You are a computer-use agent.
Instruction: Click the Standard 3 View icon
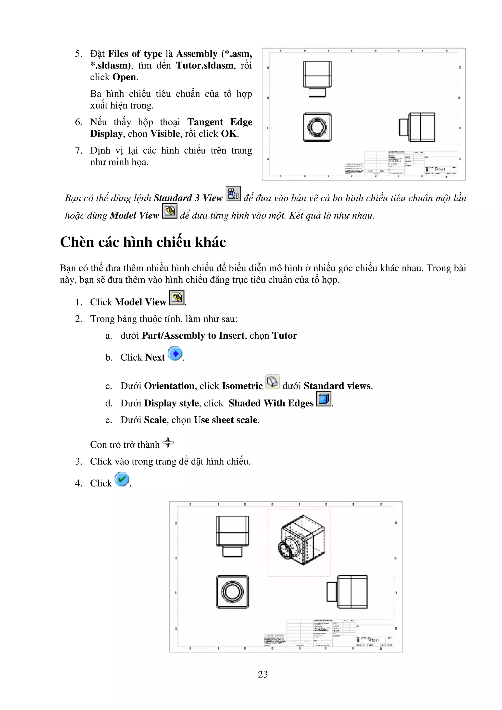point(233,194)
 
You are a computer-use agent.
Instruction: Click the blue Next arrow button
point(175,354)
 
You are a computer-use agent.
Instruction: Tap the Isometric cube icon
point(273,381)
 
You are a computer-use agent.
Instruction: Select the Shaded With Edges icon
point(324,399)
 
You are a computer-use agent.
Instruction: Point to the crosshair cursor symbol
point(168,442)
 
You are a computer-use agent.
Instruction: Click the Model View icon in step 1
point(177,298)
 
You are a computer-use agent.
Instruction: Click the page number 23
point(263,674)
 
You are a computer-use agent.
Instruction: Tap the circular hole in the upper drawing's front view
point(317,127)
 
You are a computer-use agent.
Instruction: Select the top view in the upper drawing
point(317,79)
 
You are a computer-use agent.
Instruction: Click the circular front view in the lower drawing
point(232,592)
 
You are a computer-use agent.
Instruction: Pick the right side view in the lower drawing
point(347,592)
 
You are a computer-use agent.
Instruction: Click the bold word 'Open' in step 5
point(124,77)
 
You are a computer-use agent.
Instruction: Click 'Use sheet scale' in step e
point(226,420)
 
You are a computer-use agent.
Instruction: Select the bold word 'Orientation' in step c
point(169,386)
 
